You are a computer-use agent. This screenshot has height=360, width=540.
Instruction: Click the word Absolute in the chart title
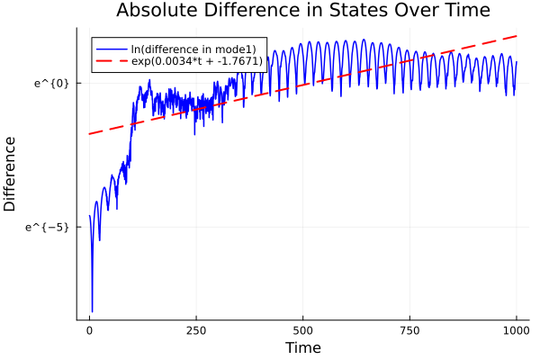pos(157,12)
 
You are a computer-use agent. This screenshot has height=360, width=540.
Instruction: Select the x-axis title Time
pos(302,347)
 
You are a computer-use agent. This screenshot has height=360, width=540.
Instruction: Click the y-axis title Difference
pos(11,174)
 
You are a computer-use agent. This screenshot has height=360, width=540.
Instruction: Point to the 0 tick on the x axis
pos(89,330)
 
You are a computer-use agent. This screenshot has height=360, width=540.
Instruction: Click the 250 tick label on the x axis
pos(195,330)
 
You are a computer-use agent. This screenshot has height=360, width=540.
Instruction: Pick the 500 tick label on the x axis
pos(302,330)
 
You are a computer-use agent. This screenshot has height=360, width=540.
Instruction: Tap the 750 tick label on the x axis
pos(409,330)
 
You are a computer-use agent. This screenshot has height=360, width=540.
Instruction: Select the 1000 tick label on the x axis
pos(516,330)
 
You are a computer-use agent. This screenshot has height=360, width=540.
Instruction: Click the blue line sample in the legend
pos(112,49)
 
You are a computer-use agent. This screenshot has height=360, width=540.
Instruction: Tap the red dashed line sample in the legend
pos(112,62)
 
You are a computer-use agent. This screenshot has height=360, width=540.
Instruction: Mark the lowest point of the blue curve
pos(92,311)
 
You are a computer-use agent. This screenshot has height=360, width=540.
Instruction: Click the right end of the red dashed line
pos(517,36)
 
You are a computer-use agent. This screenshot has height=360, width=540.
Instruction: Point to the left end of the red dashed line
pos(89,134)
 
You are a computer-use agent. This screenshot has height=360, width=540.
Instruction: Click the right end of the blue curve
pos(517,61)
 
